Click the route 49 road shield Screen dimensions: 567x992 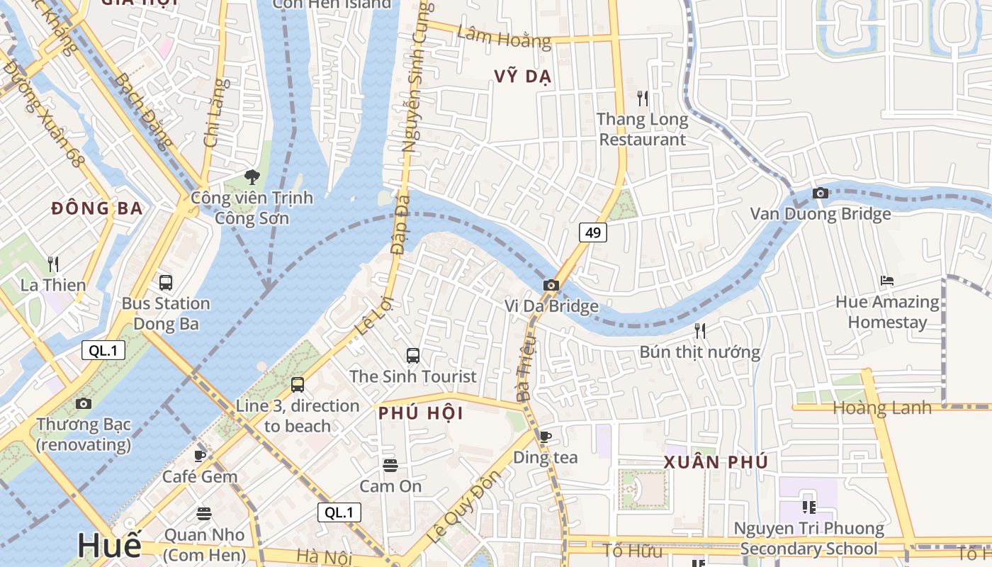tap(593, 232)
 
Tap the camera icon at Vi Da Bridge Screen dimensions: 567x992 tap(551, 285)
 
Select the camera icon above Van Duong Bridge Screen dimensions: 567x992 tap(820, 193)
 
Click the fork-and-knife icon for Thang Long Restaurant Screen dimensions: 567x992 tap(643, 98)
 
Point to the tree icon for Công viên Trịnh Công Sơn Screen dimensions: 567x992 tap(251, 177)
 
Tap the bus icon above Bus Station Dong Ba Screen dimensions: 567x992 tap(166, 283)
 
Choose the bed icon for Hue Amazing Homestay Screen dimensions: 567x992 tap(886, 281)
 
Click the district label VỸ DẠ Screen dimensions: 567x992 tap(523, 77)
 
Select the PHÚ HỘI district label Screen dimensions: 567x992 tap(421, 413)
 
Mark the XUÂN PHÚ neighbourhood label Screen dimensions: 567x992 tap(716, 463)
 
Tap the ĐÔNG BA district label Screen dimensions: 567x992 tap(97, 208)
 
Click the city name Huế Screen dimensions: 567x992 tap(109, 545)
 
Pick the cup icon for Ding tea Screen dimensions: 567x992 tap(545, 437)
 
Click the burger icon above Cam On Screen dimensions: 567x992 tap(390, 466)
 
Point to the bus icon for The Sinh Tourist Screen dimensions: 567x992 tap(412, 356)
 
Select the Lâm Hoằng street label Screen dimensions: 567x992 tap(504, 36)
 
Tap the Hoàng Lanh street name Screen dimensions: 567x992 tap(881, 408)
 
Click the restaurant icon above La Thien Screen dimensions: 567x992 tap(53, 264)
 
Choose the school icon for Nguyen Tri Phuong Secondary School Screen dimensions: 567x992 tap(808, 507)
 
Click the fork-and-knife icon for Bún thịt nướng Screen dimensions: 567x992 tap(700, 330)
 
